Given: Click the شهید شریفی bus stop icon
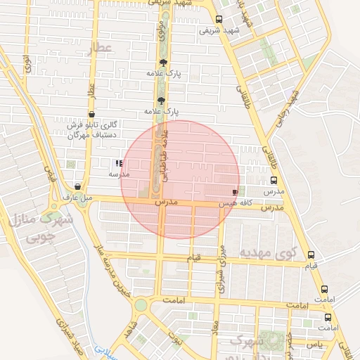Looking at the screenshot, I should click(219, 20).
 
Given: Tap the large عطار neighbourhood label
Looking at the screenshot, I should click(101, 48).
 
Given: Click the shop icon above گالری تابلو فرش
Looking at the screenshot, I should click(91, 114).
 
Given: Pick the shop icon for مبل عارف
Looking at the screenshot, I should click(77, 187).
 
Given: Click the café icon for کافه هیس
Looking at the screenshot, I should click(235, 192).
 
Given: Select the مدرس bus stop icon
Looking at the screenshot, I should click(274, 180).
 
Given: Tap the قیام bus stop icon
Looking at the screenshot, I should click(311, 255).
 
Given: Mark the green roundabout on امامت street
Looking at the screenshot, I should click(141, 305).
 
